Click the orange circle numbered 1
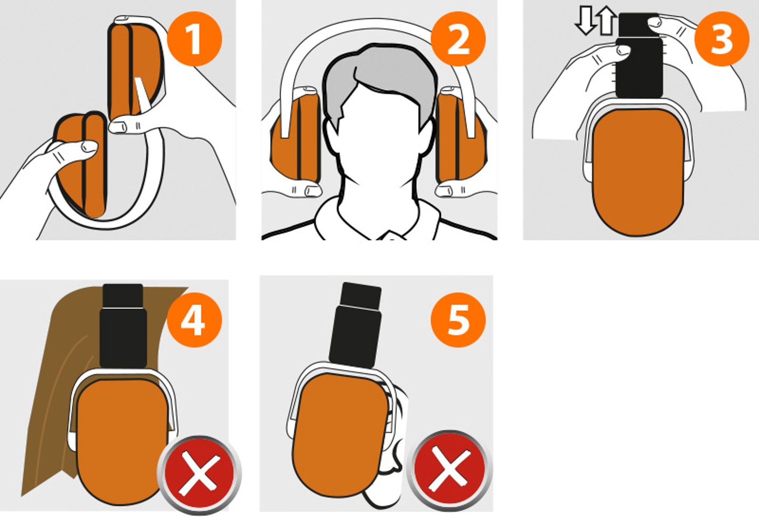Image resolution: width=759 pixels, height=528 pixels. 194,39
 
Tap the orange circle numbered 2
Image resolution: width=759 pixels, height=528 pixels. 458,39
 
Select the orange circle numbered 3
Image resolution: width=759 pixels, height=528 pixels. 722,39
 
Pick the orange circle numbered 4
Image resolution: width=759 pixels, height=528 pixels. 194,320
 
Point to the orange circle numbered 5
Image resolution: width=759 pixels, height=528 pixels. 458,320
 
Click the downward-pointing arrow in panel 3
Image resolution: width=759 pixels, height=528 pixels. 585,21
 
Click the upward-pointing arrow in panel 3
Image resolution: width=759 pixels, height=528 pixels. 606,20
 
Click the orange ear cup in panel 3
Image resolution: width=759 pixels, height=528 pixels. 638,172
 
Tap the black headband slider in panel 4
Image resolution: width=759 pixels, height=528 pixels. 123,326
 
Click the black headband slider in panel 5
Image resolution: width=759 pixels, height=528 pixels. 356,325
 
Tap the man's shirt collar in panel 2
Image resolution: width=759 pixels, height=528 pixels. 378,220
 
